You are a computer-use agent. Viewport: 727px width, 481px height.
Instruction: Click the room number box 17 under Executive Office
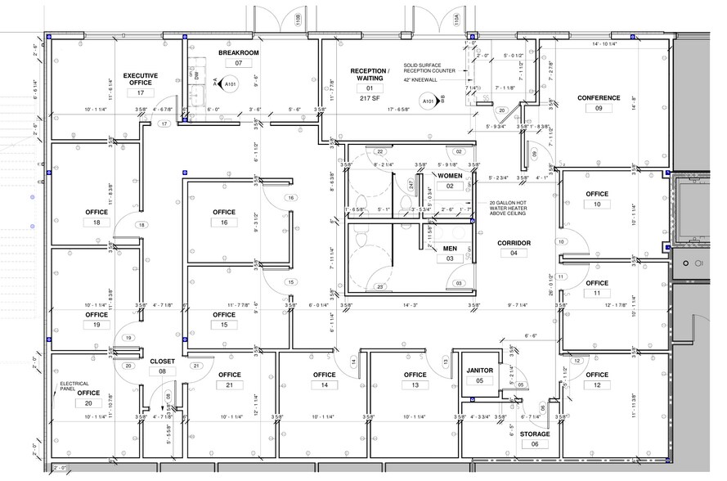[140, 94]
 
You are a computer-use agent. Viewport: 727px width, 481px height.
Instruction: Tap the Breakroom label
[238, 52]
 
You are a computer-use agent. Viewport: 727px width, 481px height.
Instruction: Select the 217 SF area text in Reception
[370, 99]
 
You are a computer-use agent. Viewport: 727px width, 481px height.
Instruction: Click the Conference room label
[599, 97]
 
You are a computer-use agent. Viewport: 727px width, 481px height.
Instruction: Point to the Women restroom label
[450, 175]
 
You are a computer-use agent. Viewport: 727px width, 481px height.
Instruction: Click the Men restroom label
[450, 248]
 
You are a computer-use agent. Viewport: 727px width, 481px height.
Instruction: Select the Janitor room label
[479, 370]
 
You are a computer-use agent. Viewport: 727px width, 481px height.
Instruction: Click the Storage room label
[536, 433]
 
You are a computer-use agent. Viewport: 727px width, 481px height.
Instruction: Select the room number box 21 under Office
[230, 385]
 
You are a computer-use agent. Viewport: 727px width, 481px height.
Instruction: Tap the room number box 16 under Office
[224, 223]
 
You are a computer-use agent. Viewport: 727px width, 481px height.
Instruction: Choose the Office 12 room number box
[597, 385]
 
